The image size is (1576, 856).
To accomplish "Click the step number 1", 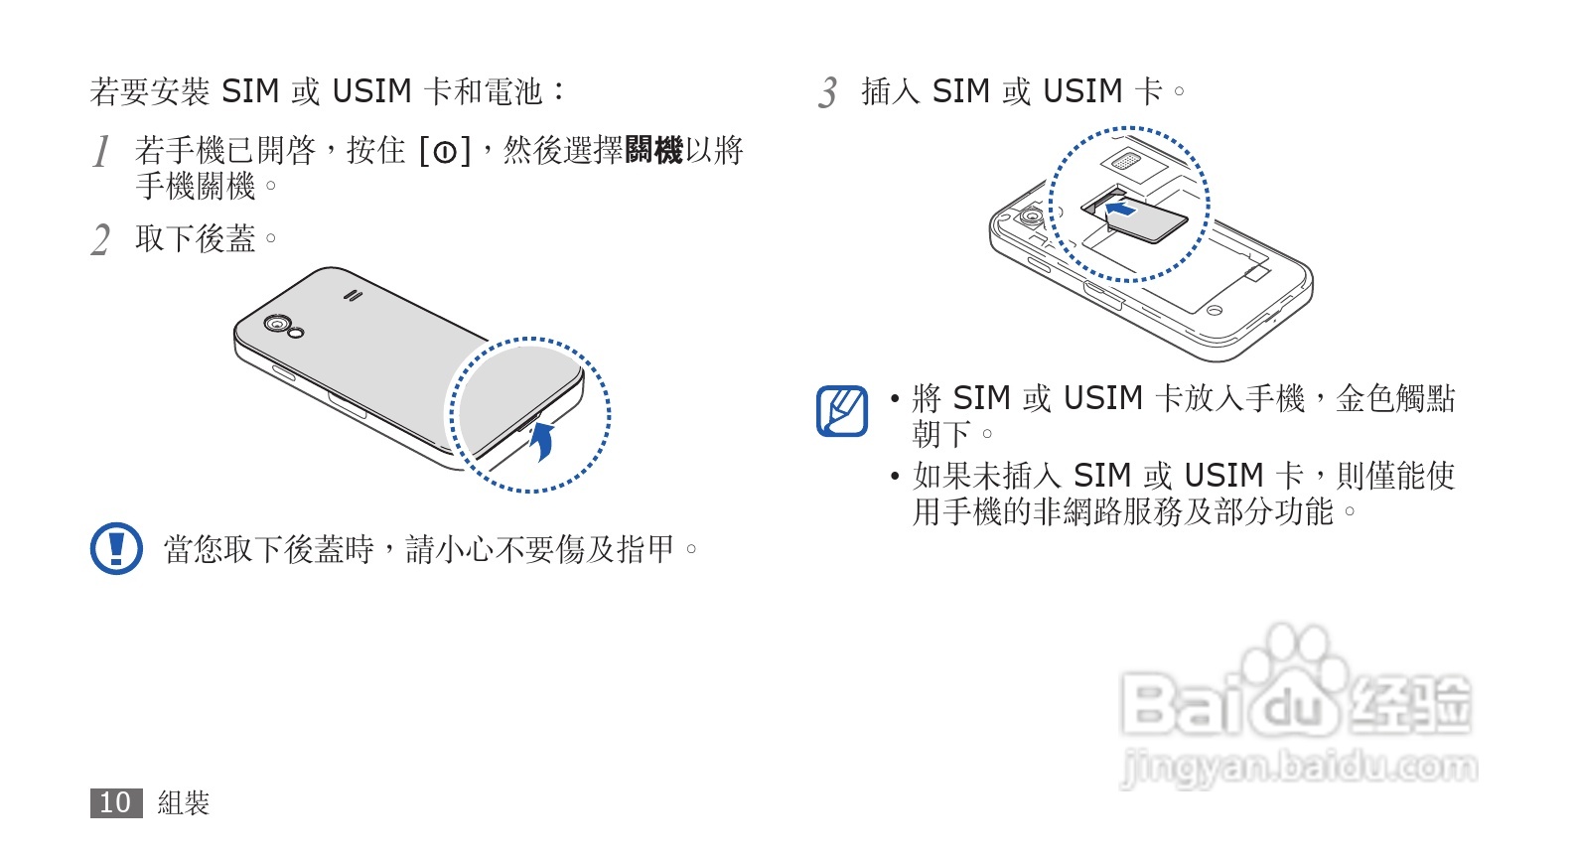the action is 100,152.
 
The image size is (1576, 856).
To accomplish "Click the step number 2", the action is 100,240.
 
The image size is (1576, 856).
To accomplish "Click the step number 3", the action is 828,93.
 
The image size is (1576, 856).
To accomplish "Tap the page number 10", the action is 115,802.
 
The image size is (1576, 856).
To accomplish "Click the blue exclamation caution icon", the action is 116,548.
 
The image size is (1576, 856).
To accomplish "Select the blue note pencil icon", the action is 841,411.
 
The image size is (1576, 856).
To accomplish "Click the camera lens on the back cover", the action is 275,324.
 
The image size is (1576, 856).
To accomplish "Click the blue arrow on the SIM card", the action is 1121,209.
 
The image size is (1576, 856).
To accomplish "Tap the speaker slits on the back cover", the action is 352,294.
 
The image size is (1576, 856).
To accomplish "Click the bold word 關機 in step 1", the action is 653,151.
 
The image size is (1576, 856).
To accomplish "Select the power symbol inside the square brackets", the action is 445,153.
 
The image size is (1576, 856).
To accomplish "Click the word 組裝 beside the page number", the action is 184,802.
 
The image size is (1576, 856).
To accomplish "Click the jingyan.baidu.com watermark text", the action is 1298,768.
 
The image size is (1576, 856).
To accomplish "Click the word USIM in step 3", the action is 1082,91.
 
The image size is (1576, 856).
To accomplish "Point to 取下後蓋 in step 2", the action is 196,238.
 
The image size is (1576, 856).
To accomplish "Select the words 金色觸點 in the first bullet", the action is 1395,398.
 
